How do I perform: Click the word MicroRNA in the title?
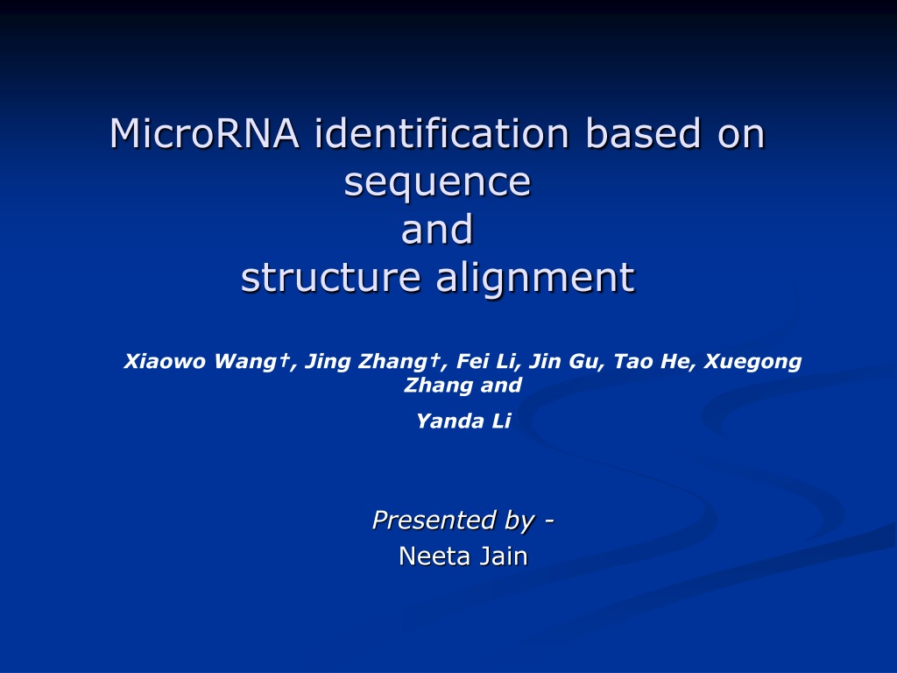tap(204, 133)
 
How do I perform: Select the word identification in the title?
tap(441, 133)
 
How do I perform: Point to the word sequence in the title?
tap(438, 183)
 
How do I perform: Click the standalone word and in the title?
tap(438, 229)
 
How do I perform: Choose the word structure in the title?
tap(330, 277)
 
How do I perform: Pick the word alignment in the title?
tap(535, 278)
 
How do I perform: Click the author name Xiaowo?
tap(165, 361)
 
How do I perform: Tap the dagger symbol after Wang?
tap(285, 360)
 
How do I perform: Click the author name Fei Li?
tap(486, 361)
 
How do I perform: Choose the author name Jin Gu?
tap(564, 362)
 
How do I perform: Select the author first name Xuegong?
tap(752, 362)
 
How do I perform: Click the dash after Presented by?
tap(549, 521)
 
